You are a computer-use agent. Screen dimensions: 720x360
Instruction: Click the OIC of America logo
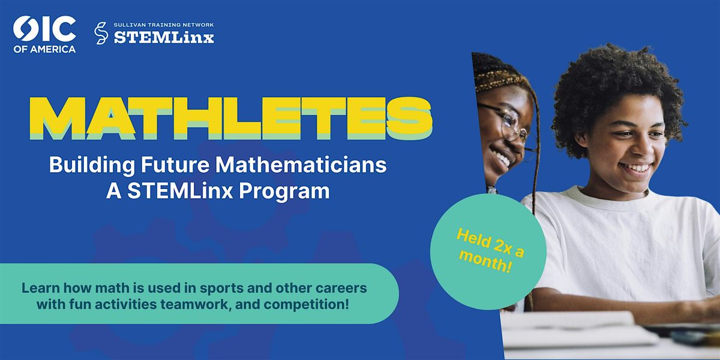[44, 34]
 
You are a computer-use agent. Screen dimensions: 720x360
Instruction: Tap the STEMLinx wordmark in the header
[164, 38]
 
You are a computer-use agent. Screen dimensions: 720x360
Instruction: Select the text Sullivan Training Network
[164, 25]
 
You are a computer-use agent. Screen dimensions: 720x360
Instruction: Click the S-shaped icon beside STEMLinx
[101, 33]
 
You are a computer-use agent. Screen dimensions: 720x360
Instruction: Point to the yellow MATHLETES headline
[231, 118]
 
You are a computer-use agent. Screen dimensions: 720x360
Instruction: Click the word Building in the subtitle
[92, 166]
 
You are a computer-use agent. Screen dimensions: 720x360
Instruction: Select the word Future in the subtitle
[175, 165]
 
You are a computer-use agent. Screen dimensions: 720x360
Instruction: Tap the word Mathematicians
[301, 165]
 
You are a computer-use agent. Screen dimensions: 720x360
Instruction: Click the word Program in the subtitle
[284, 192]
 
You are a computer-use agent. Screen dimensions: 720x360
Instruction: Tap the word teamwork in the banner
[196, 304]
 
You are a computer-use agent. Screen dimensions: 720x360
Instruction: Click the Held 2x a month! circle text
[490, 251]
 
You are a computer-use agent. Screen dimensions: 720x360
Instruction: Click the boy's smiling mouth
[636, 168]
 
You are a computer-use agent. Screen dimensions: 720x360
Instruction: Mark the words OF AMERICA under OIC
[44, 49]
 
